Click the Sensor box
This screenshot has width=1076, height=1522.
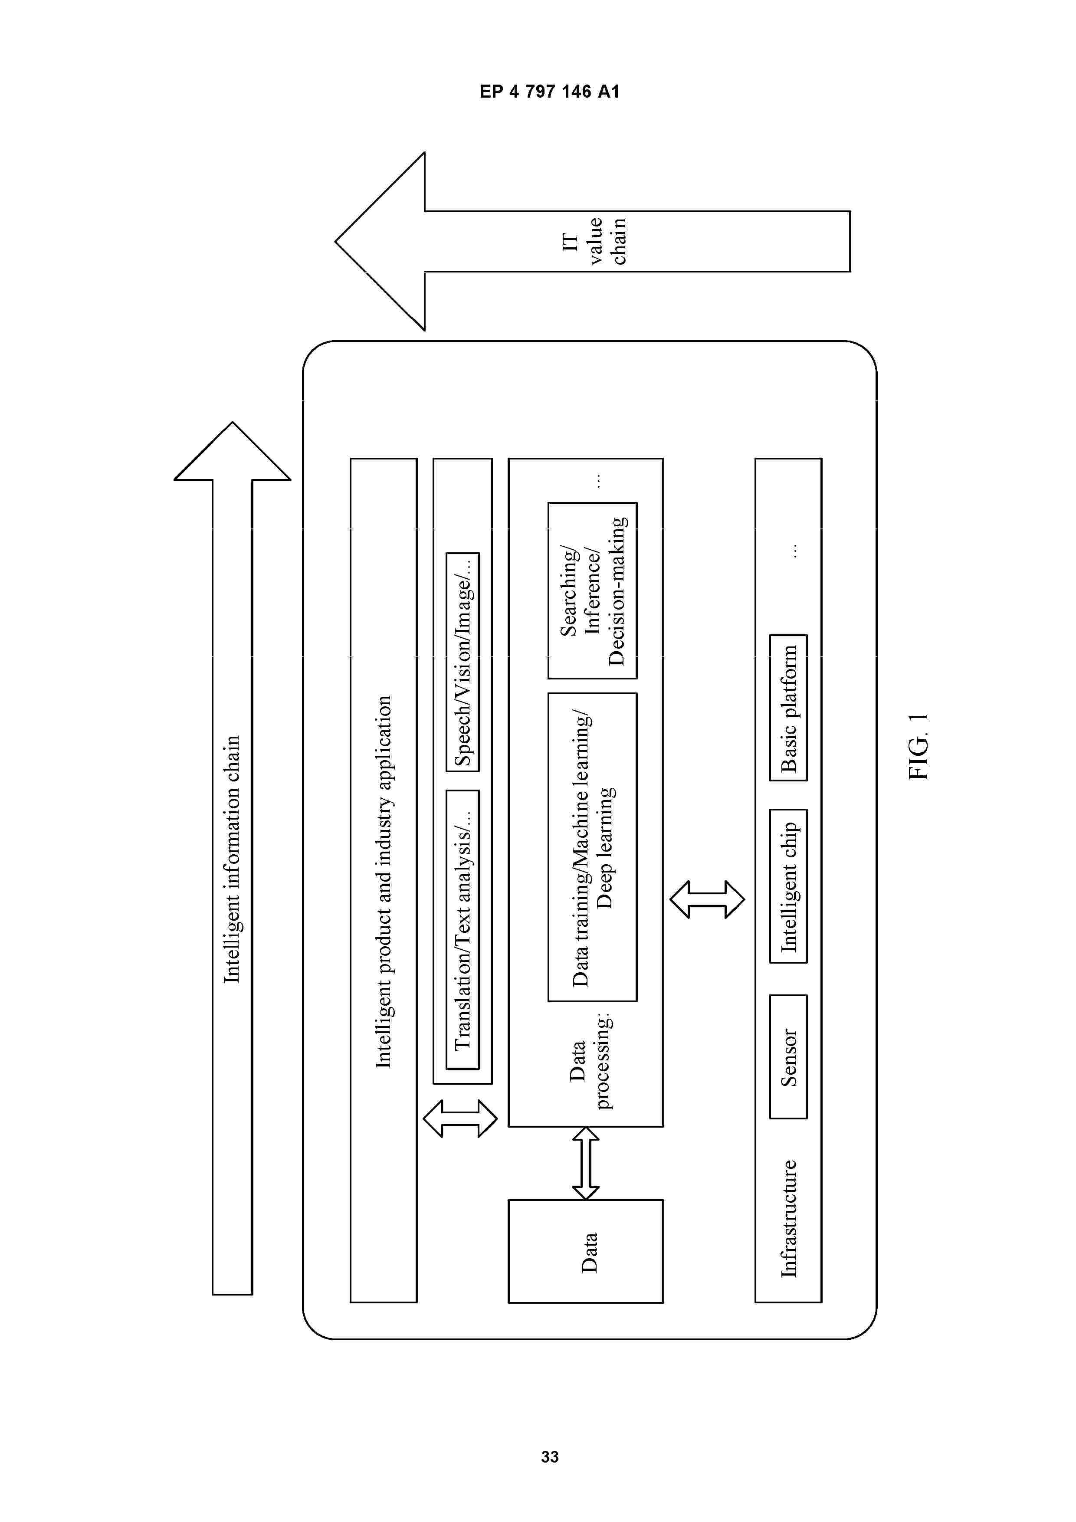[x=788, y=1056]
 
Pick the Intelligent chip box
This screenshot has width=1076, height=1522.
[x=788, y=886]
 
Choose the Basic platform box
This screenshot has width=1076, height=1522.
[x=788, y=708]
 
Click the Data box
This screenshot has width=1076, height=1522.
[x=586, y=1252]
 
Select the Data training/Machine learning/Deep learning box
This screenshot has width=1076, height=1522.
[x=593, y=847]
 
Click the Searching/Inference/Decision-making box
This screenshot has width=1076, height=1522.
[x=593, y=590]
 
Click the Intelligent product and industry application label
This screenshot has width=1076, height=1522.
[x=383, y=882]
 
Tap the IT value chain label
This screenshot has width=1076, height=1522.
[x=594, y=241]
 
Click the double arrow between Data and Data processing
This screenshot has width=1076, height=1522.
[x=586, y=1163]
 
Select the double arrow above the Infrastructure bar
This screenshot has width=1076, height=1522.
[x=707, y=899]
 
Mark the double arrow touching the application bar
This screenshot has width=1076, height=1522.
[x=460, y=1119]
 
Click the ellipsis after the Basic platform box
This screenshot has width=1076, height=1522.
[x=794, y=551]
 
